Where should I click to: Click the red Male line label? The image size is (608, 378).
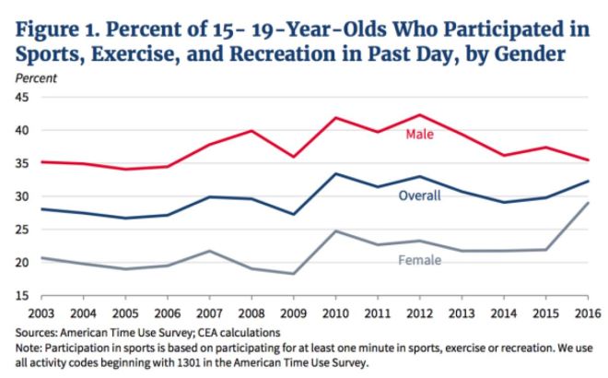click(x=419, y=136)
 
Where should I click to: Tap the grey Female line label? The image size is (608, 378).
click(x=419, y=260)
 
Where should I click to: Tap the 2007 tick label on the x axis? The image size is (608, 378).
click(x=209, y=311)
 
